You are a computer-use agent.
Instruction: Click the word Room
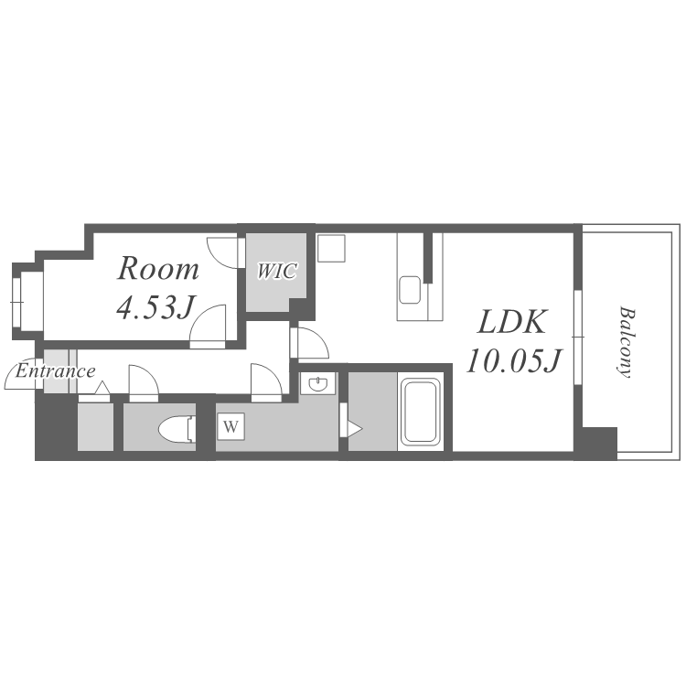point(158,269)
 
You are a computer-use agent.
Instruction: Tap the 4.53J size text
point(155,306)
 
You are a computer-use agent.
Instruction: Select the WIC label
point(276,271)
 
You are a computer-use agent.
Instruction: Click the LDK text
point(512,322)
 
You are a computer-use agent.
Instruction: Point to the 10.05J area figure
point(514,361)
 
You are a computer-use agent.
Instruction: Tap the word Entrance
point(55,371)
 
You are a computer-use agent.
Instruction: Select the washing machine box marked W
point(231,426)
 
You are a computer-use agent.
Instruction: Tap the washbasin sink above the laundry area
point(317,383)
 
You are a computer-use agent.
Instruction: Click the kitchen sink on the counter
point(410,290)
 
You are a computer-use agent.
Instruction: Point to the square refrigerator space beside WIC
point(332,249)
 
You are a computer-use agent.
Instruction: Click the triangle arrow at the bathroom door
point(354,429)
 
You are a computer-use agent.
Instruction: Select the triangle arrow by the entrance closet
point(102,388)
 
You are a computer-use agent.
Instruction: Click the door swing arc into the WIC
point(223,252)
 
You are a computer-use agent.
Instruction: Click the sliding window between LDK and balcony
point(578,338)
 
